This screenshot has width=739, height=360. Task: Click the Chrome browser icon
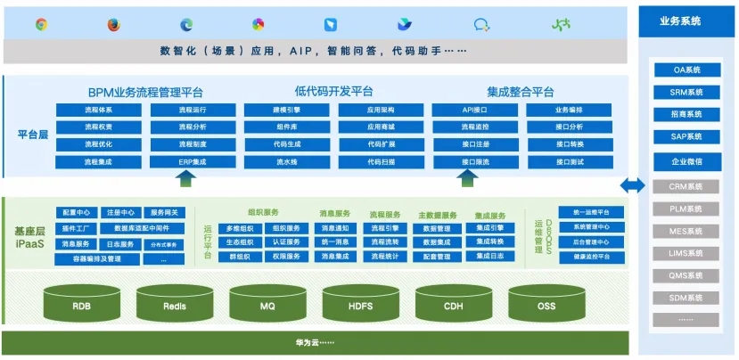click(x=42, y=24)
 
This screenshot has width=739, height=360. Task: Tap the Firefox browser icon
click(x=113, y=24)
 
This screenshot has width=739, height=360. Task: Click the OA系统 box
click(x=686, y=70)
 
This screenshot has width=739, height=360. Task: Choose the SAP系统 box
click(x=686, y=137)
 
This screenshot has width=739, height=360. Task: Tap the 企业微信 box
click(x=686, y=162)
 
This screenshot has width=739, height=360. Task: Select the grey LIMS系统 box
click(x=686, y=254)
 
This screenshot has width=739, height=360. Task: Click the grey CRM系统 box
click(x=686, y=186)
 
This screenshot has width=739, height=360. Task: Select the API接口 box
click(x=474, y=110)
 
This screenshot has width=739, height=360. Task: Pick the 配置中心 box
click(x=76, y=213)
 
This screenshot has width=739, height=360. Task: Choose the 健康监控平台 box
click(x=591, y=257)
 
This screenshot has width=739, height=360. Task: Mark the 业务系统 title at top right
click(x=685, y=20)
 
